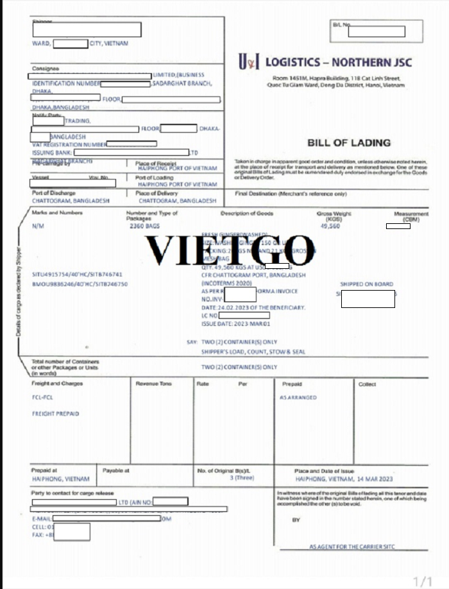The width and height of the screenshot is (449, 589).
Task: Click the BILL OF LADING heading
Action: coord(348,142)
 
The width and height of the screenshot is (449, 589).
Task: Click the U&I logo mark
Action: coord(249,62)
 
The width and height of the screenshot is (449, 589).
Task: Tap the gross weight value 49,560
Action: coord(330,226)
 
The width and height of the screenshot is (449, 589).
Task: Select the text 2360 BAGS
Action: coord(144,226)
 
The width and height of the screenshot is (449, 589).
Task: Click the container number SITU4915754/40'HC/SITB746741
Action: coord(77,274)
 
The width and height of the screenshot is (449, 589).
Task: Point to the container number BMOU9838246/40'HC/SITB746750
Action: coord(80,283)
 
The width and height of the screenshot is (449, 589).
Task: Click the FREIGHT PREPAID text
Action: coord(55,414)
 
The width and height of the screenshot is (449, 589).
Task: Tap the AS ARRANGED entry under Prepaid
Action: coord(298,398)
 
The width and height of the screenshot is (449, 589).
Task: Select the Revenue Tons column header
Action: coord(153,384)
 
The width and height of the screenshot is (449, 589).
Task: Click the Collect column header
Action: coord(367,384)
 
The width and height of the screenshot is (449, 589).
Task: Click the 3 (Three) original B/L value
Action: coord(242,478)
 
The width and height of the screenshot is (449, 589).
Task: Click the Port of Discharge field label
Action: coord(53,193)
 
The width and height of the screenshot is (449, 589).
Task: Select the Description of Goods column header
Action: coord(247,213)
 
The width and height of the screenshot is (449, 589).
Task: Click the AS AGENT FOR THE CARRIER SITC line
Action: coord(352,547)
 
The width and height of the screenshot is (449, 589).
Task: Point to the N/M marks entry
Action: coord(38,226)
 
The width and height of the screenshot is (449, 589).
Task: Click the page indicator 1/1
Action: coord(423,581)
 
